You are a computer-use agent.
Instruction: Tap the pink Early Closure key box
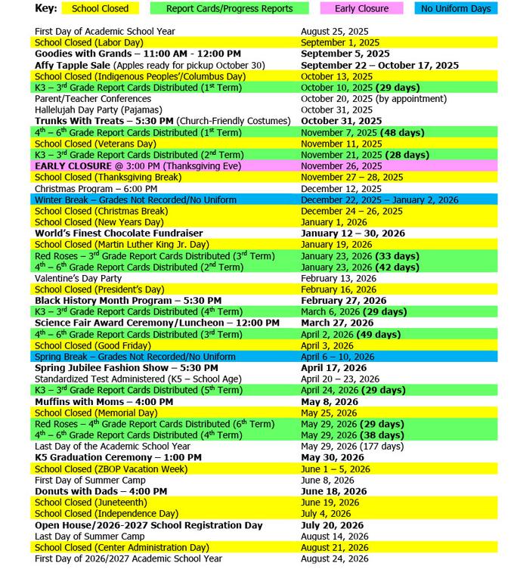(361, 9)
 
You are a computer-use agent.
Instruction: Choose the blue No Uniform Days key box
(456, 9)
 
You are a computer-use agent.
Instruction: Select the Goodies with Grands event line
(138, 54)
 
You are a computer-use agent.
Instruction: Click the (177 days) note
(385, 447)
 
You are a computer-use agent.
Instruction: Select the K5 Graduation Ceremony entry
(118, 458)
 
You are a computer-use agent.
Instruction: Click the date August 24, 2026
(334, 558)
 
